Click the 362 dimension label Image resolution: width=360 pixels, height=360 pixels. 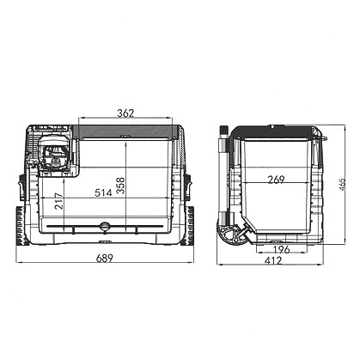pyautogui.click(x=125, y=113)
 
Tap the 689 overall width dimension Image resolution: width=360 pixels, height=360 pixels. pyautogui.click(x=105, y=258)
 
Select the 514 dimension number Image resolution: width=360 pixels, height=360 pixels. pyautogui.click(x=103, y=192)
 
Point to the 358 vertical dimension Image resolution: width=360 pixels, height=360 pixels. pyautogui.click(x=121, y=186)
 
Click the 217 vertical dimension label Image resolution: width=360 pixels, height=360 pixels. pyautogui.click(x=59, y=201)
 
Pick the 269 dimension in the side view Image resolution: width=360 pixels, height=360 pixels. pyautogui.click(x=276, y=180)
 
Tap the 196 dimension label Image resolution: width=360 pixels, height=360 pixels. pyautogui.click(x=281, y=250)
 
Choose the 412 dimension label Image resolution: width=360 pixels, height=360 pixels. pyautogui.click(x=273, y=260)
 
